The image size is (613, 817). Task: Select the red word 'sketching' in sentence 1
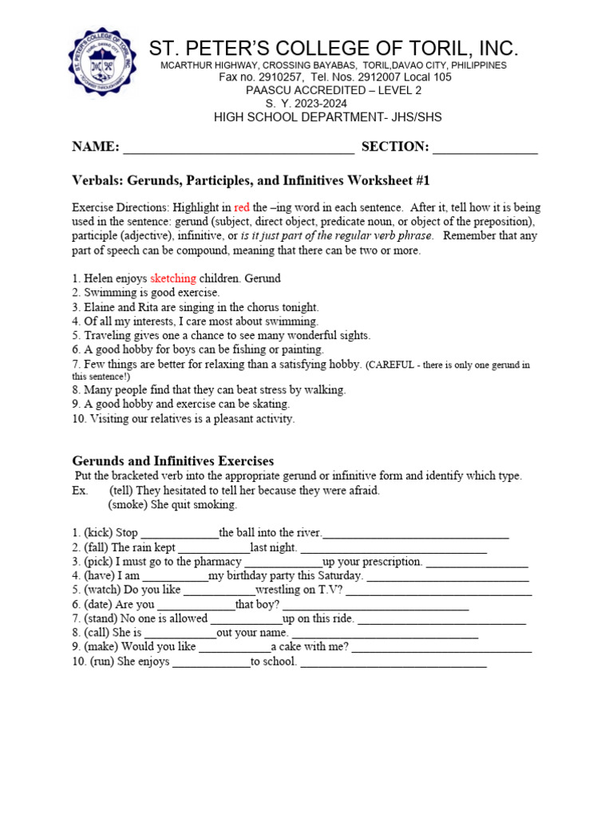[173, 278]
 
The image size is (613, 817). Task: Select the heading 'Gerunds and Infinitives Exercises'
[173, 461]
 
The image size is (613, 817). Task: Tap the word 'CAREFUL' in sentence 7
[391, 365]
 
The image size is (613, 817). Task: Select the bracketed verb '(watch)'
[102, 590]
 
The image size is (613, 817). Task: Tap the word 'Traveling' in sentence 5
[111, 336]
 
